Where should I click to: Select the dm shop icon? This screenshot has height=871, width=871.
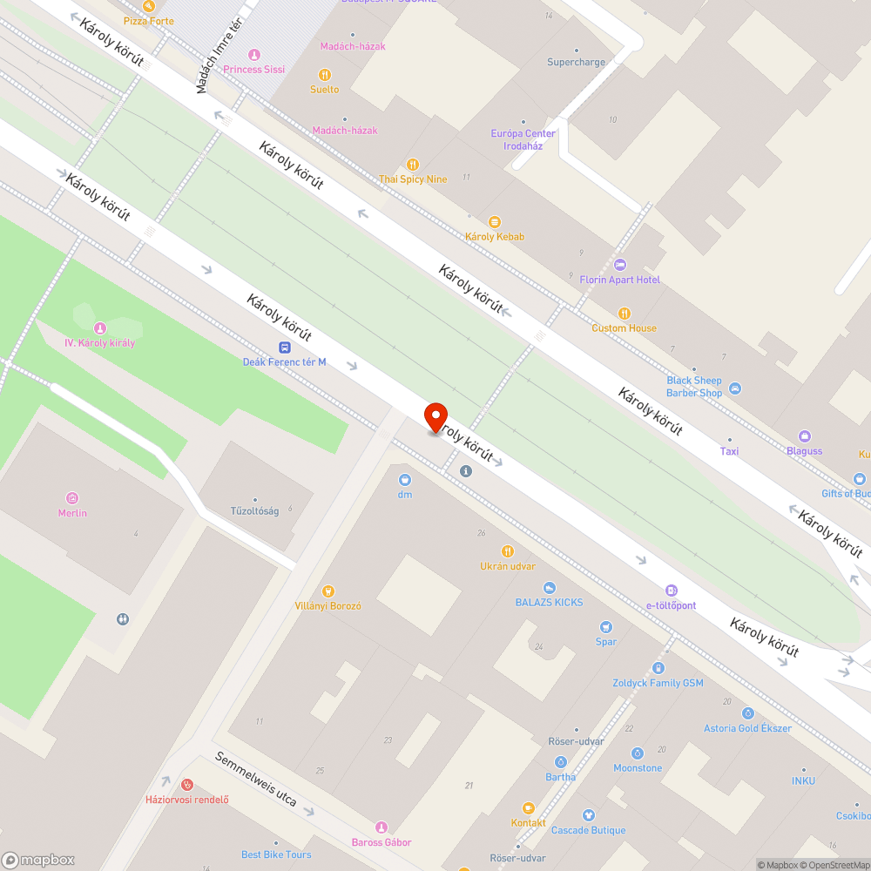405,479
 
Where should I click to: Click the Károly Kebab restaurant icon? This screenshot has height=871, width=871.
495,222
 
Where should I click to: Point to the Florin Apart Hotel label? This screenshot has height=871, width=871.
620,280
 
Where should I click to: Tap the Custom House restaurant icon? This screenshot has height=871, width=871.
624,314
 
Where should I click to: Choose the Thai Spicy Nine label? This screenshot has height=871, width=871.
413,179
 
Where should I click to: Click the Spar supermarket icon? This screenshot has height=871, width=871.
606,627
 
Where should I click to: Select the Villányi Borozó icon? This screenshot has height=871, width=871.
328,591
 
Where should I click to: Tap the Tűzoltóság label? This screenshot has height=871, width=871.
254,511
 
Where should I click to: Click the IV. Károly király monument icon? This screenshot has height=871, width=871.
100,328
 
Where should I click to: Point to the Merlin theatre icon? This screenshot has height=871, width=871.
72,498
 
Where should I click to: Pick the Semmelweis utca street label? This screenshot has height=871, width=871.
256,777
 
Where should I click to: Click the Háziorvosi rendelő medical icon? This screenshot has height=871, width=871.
186,785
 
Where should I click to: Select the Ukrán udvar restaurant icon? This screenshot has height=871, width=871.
508,551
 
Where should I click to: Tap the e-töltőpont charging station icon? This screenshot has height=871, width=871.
671,591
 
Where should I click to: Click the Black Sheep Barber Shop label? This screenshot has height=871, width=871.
694,387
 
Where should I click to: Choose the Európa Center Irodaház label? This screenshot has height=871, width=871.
523,139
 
